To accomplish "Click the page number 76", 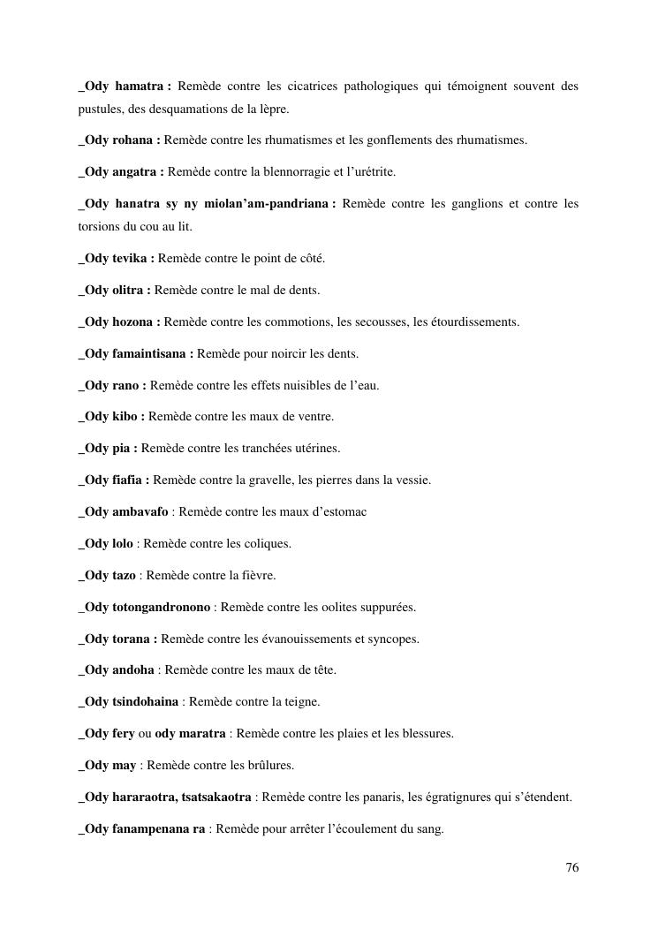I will pyautogui.click(x=571, y=867).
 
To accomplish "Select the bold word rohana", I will pyautogui.click(x=136, y=140).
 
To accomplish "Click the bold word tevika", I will pyautogui.click(x=133, y=259).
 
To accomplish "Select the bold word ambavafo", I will pyautogui.click(x=140, y=512).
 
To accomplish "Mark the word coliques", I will pyautogui.click(x=266, y=543).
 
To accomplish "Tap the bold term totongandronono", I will pyautogui.click(x=162, y=607).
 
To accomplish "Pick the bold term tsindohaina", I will pyautogui.click(x=147, y=702).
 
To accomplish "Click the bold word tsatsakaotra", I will pyautogui.click(x=217, y=798).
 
